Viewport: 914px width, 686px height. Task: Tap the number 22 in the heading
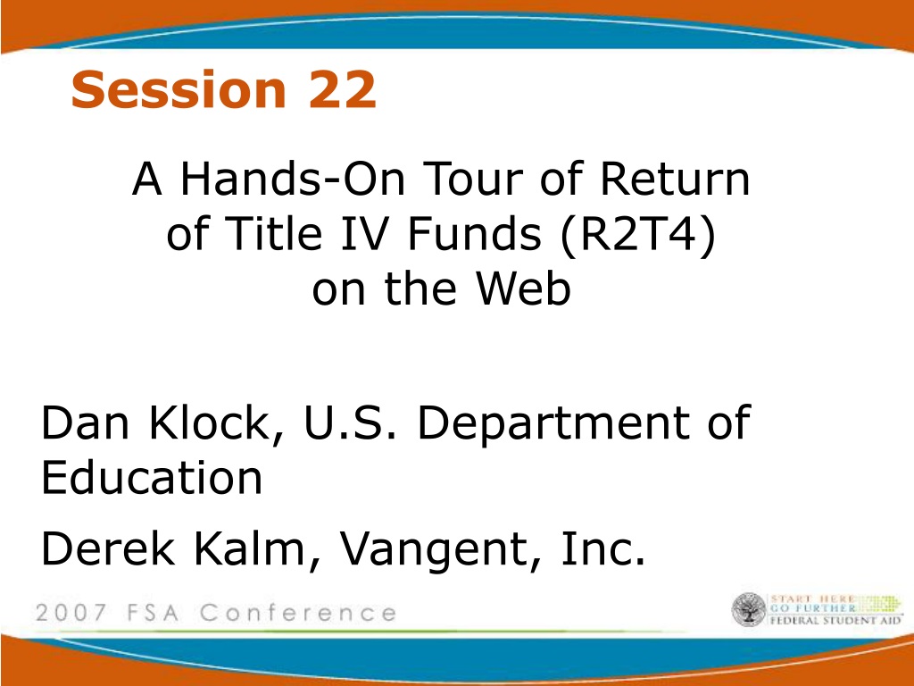click(x=342, y=89)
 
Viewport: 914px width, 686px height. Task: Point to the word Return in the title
click(x=675, y=179)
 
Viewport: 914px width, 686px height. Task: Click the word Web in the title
click(x=522, y=289)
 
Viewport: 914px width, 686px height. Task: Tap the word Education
click(x=152, y=477)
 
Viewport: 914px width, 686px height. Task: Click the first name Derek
click(x=108, y=548)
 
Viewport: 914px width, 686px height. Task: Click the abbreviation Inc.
click(x=603, y=548)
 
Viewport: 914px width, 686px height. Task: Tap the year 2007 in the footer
click(x=71, y=613)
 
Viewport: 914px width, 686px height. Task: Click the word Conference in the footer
click(x=298, y=613)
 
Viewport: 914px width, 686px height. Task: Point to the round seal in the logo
click(x=749, y=609)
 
